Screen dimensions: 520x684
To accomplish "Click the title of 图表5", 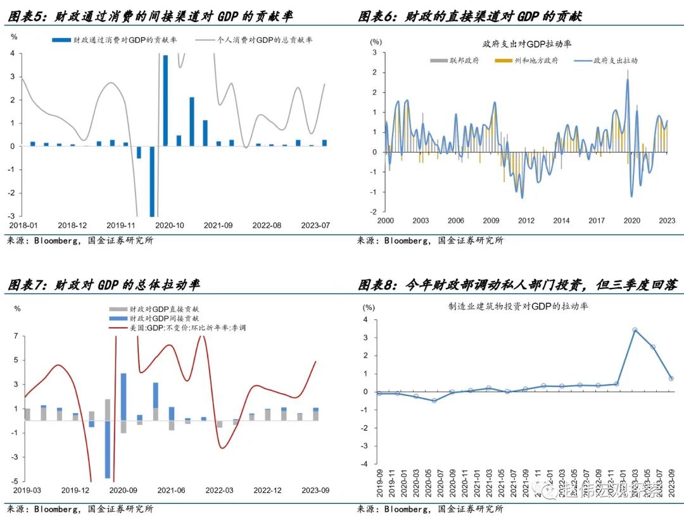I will [x=150, y=16].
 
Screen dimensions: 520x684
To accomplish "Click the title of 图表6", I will [x=469, y=16].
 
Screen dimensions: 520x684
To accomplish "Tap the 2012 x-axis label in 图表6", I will [x=526, y=220].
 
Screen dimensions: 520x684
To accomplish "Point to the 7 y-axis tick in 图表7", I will [x=17, y=336].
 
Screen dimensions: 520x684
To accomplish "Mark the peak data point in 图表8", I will [x=634, y=330].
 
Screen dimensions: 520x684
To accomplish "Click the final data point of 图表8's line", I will [x=671, y=378].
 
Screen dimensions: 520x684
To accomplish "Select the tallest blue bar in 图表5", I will [x=165, y=101].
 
